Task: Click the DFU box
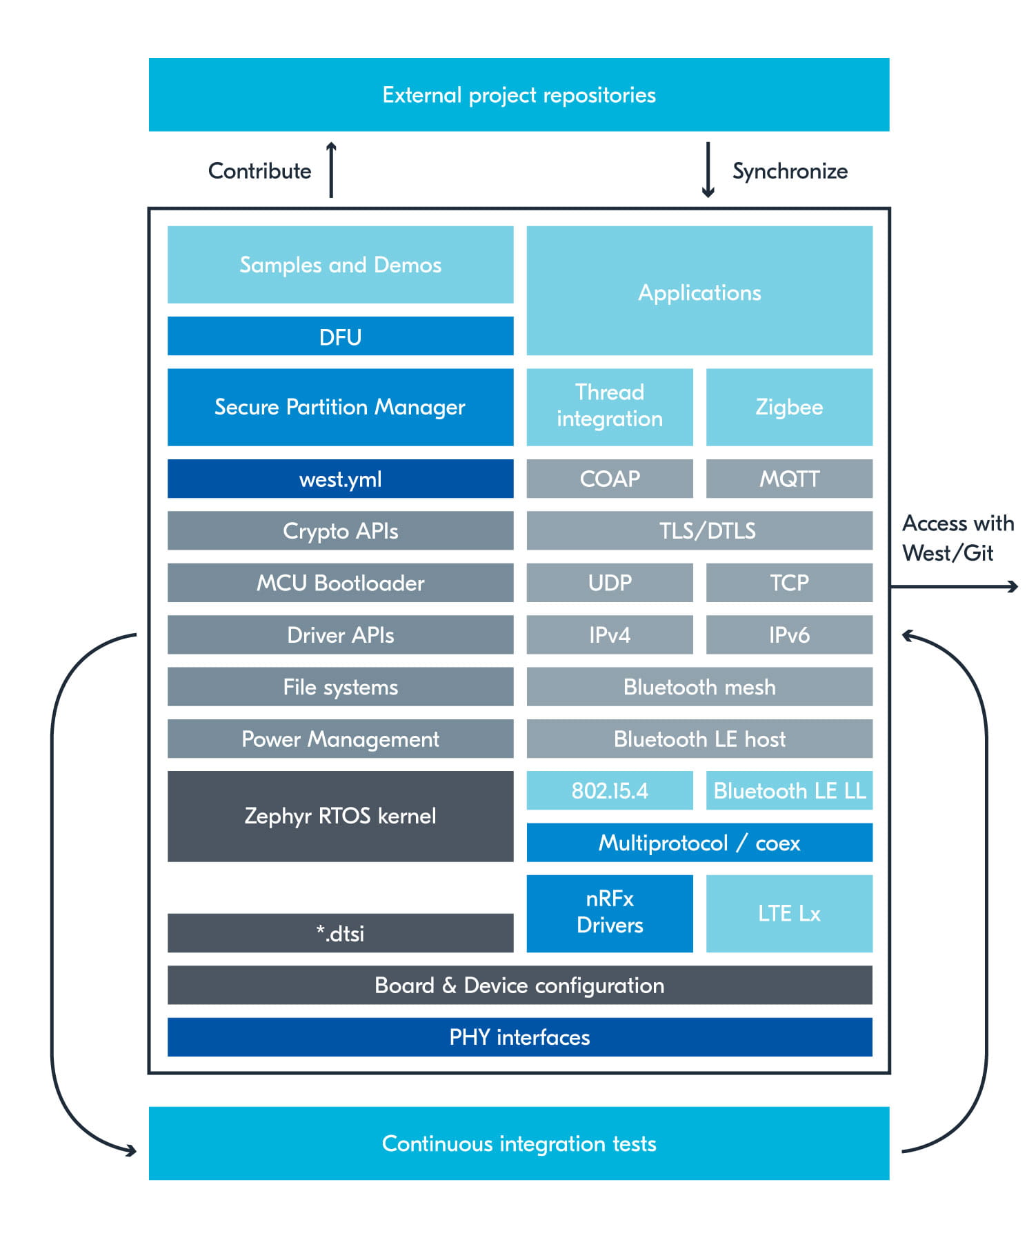(x=340, y=336)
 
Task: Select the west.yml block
(x=340, y=478)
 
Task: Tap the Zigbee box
(x=788, y=406)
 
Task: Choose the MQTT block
(x=788, y=478)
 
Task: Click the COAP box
(x=609, y=478)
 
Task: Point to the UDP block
(x=609, y=582)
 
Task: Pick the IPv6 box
(x=788, y=634)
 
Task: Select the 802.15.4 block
(x=609, y=790)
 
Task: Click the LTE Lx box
(x=788, y=912)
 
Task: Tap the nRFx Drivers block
(x=609, y=912)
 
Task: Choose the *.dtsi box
(x=340, y=932)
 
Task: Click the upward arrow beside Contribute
(x=331, y=170)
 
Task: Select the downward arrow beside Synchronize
(x=708, y=170)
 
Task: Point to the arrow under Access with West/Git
(x=954, y=586)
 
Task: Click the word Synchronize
(x=790, y=170)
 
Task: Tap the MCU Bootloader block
(x=340, y=582)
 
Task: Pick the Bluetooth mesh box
(x=699, y=686)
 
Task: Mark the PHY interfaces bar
(x=519, y=1036)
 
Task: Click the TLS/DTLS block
(x=699, y=530)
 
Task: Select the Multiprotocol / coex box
(x=699, y=842)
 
